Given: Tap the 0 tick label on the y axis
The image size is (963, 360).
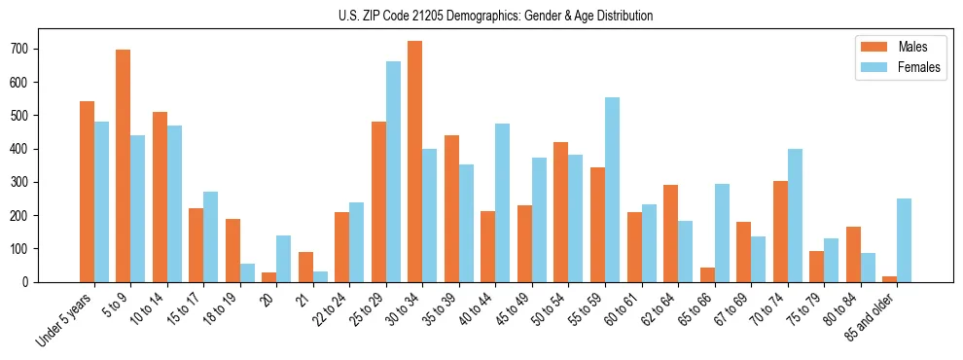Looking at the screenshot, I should pyautogui.click(x=34, y=282).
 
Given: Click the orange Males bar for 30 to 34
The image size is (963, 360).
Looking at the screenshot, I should pyautogui.click(x=415, y=162).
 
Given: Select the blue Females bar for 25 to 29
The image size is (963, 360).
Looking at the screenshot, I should pyautogui.click(x=393, y=171).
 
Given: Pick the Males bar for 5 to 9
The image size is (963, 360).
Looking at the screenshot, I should pyautogui.click(x=124, y=165).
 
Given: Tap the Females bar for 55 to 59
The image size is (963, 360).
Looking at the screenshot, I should pyautogui.click(x=612, y=190).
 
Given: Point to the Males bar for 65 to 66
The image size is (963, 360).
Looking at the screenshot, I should pyautogui.click(x=707, y=274).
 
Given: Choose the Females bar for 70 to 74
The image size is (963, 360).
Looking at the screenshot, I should pyautogui.click(x=795, y=215).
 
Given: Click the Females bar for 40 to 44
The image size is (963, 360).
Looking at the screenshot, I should pyautogui.click(x=503, y=202).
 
